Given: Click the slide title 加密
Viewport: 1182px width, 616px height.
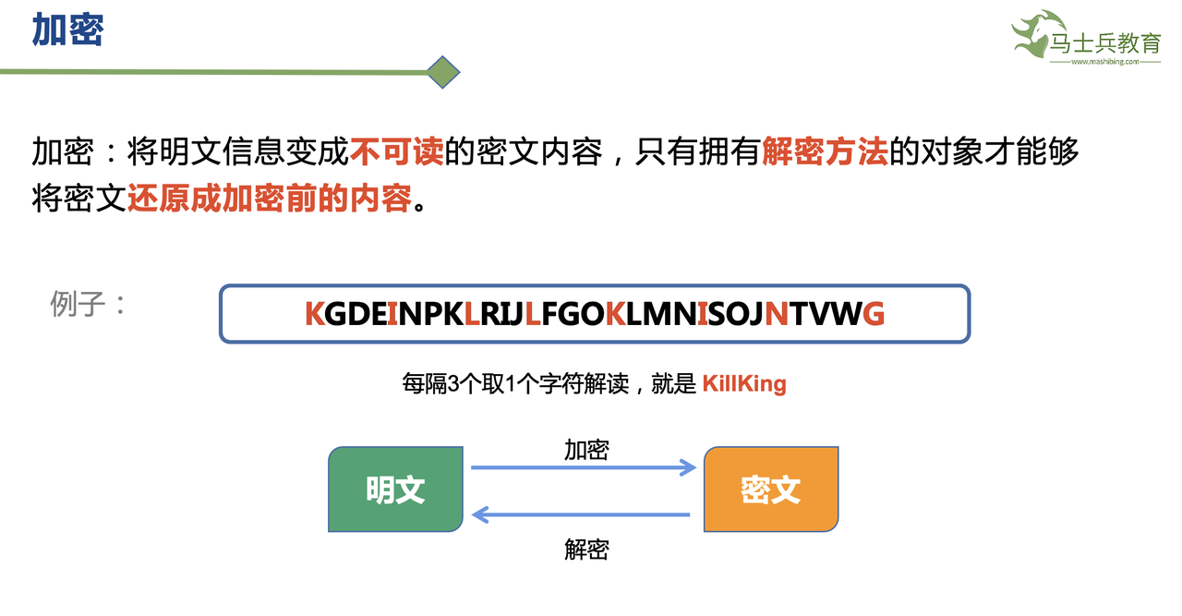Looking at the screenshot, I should (67, 30).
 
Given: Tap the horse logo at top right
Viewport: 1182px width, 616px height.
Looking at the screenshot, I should (1035, 35).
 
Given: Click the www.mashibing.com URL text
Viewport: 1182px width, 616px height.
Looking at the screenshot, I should (1104, 63).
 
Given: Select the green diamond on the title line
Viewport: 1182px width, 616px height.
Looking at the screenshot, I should (443, 72).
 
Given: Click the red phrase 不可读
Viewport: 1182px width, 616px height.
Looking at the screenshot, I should (396, 151).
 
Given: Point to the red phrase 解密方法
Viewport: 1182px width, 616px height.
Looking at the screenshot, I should (825, 151).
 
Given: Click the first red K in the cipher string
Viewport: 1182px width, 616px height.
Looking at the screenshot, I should (315, 314).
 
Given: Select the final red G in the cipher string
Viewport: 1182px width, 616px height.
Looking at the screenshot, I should (873, 314).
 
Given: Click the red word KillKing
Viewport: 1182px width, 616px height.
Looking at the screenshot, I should (743, 383).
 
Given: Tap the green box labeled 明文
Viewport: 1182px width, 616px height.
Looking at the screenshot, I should (395, 489).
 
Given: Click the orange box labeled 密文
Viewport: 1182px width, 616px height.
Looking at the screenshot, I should (770, 489).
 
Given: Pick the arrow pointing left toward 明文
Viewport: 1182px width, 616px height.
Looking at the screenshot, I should (582, 514).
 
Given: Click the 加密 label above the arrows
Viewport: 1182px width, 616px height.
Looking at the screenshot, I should (586, 450).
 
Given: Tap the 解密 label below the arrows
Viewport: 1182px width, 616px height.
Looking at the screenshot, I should (586, 550).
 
